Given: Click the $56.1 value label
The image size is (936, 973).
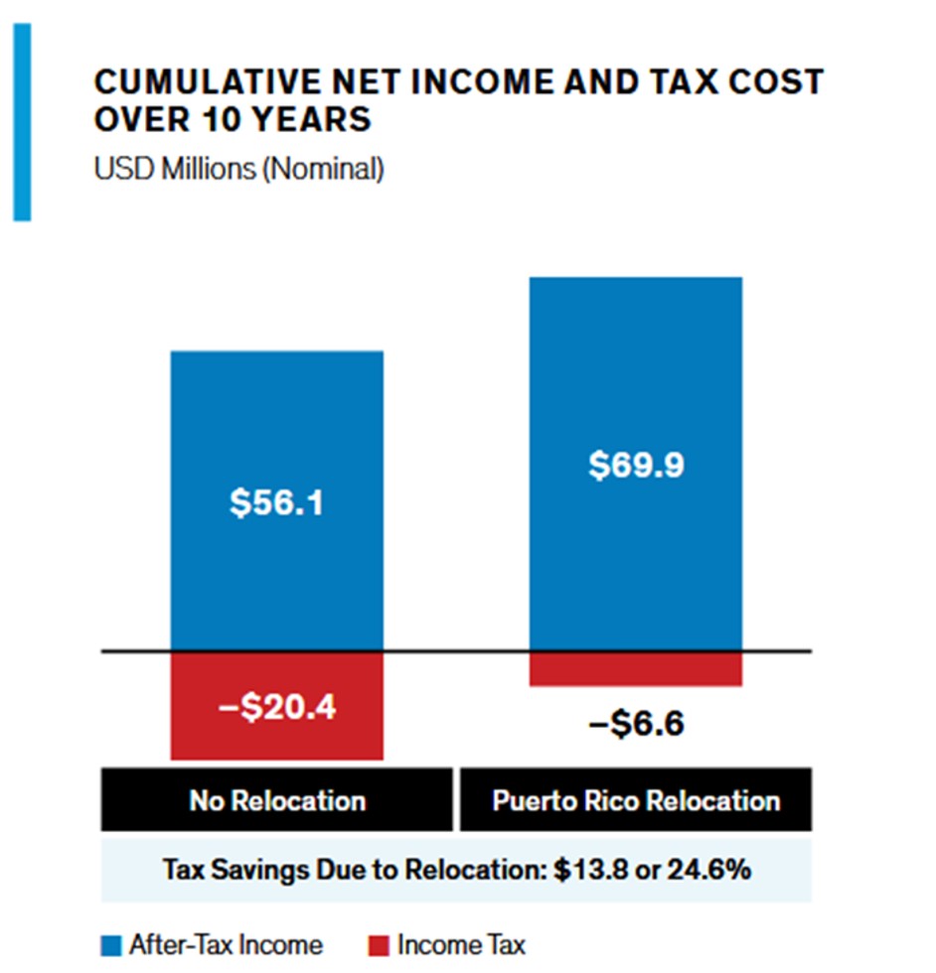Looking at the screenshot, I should pos(276,503).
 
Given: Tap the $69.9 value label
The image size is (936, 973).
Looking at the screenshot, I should pos(635,465).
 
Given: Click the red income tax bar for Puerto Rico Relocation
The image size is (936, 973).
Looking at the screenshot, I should pos(636,669).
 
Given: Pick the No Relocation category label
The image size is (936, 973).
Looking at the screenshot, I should pos(277,800).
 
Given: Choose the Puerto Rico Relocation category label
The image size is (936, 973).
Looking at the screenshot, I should pos(636,800).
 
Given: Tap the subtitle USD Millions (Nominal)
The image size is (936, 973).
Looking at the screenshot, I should pos(238,169).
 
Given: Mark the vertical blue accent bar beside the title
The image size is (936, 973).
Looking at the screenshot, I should pos(22,121).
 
